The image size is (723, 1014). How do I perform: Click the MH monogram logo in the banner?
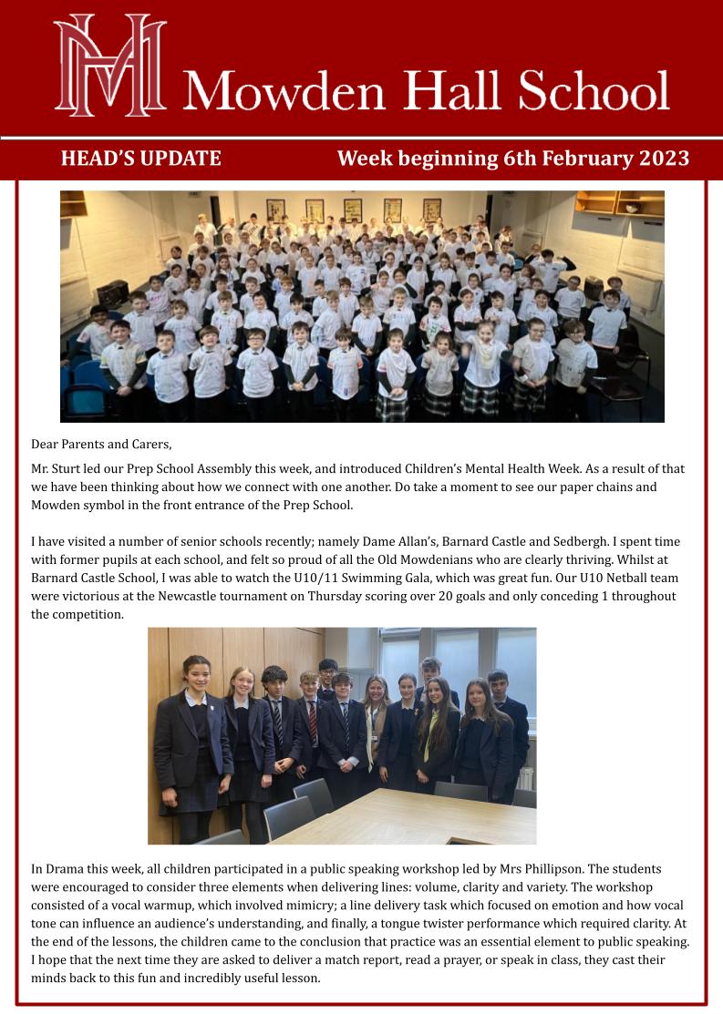pyautogui.click(x=110, y=66)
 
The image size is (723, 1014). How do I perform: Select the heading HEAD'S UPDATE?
pyautogui.click(x=140, y=159)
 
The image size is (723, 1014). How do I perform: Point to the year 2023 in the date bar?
pyautogui.click(x=664, y=159)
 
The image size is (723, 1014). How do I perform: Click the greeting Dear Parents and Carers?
pyautogui.click(x=101, y=445)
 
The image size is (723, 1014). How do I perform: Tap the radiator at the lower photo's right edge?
pyautogui.click(x=525, y=779)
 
